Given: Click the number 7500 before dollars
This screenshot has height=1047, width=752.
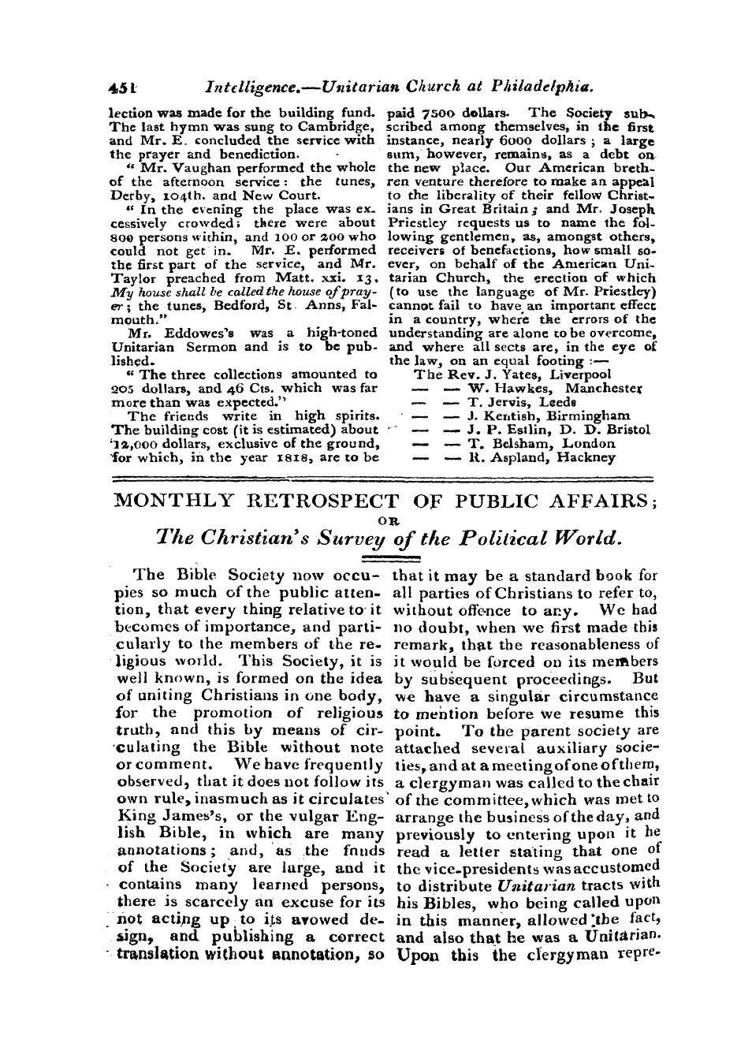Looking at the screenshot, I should [424, 112].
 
